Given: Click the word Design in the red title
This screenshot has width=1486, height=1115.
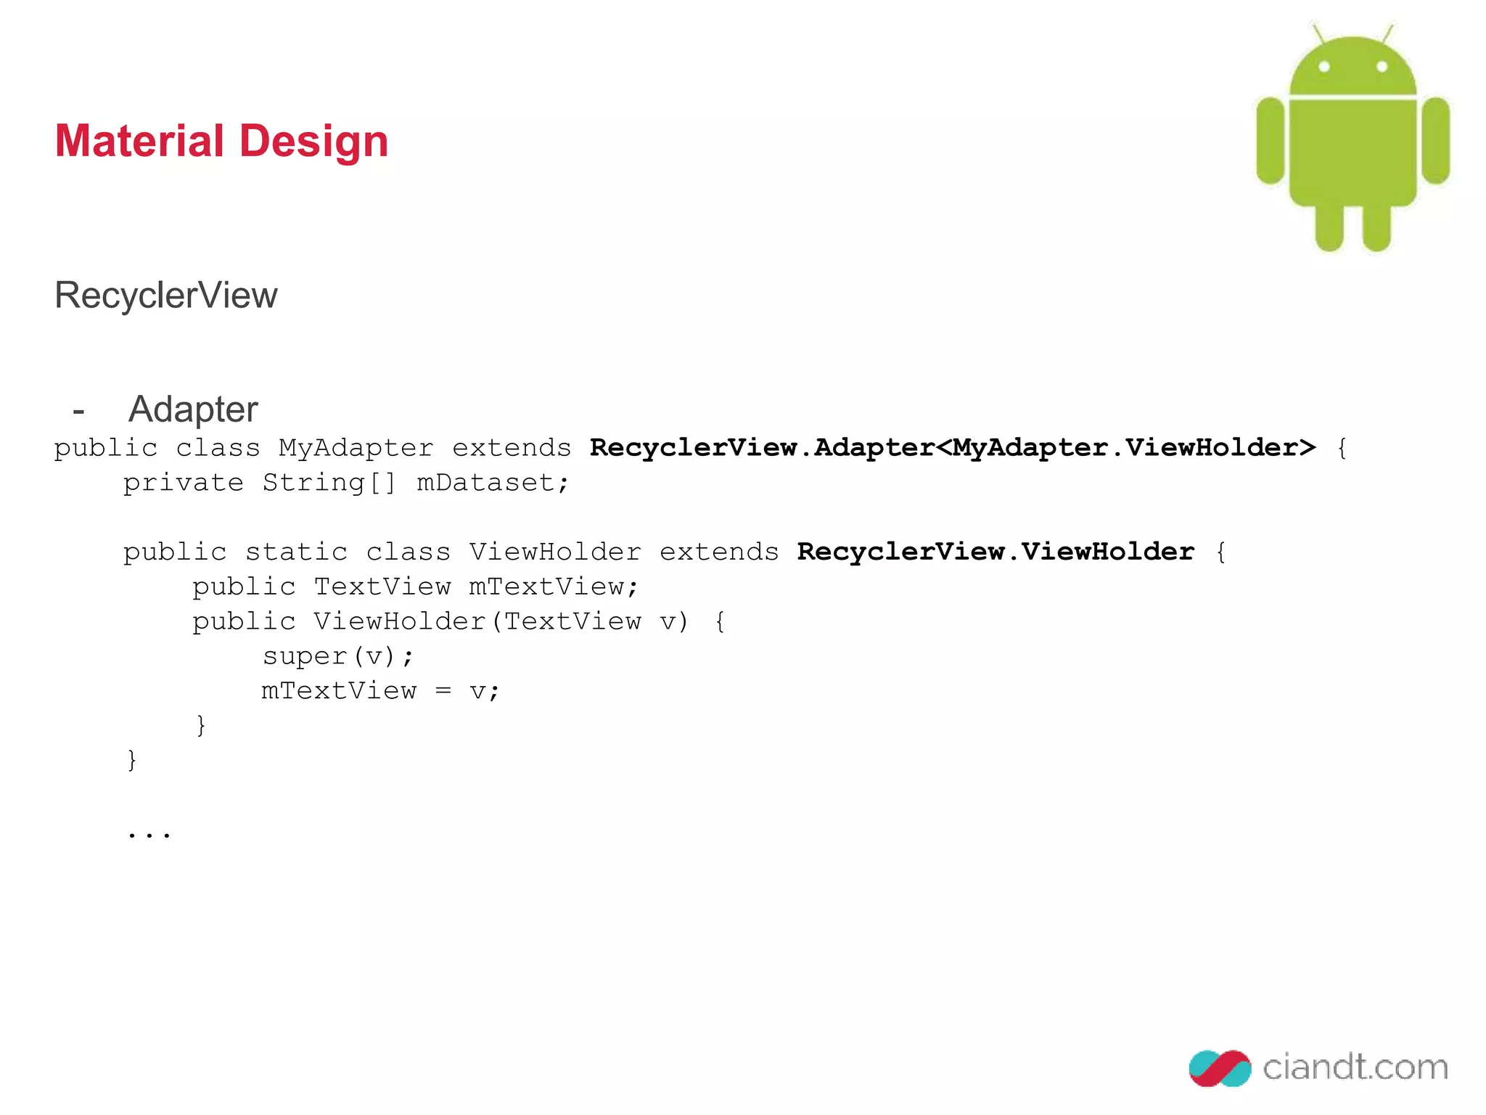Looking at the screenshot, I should click(313, 141).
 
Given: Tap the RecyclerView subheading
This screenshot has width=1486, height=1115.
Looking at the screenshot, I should click(166, 295).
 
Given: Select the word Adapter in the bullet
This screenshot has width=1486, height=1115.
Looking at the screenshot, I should click(193, 409).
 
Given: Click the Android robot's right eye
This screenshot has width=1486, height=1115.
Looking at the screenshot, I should click(1382, 67).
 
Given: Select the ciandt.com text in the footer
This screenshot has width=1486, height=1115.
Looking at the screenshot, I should click(1355, 1067).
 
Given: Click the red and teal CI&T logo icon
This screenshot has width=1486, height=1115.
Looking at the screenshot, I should click(1220, 1068).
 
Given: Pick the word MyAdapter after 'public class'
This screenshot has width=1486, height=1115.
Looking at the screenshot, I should click(356, 448).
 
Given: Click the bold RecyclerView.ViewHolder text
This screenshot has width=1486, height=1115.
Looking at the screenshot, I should click(996, 552).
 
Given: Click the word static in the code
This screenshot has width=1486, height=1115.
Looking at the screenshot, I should click(296, 552).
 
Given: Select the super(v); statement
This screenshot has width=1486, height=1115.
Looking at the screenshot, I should click(338, 656).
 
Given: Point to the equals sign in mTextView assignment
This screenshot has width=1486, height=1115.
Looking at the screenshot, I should click(443, 691).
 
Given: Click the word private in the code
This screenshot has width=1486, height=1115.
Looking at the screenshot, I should click(184, 483).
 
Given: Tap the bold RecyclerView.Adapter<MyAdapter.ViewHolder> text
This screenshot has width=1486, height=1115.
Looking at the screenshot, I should click(952, 448).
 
